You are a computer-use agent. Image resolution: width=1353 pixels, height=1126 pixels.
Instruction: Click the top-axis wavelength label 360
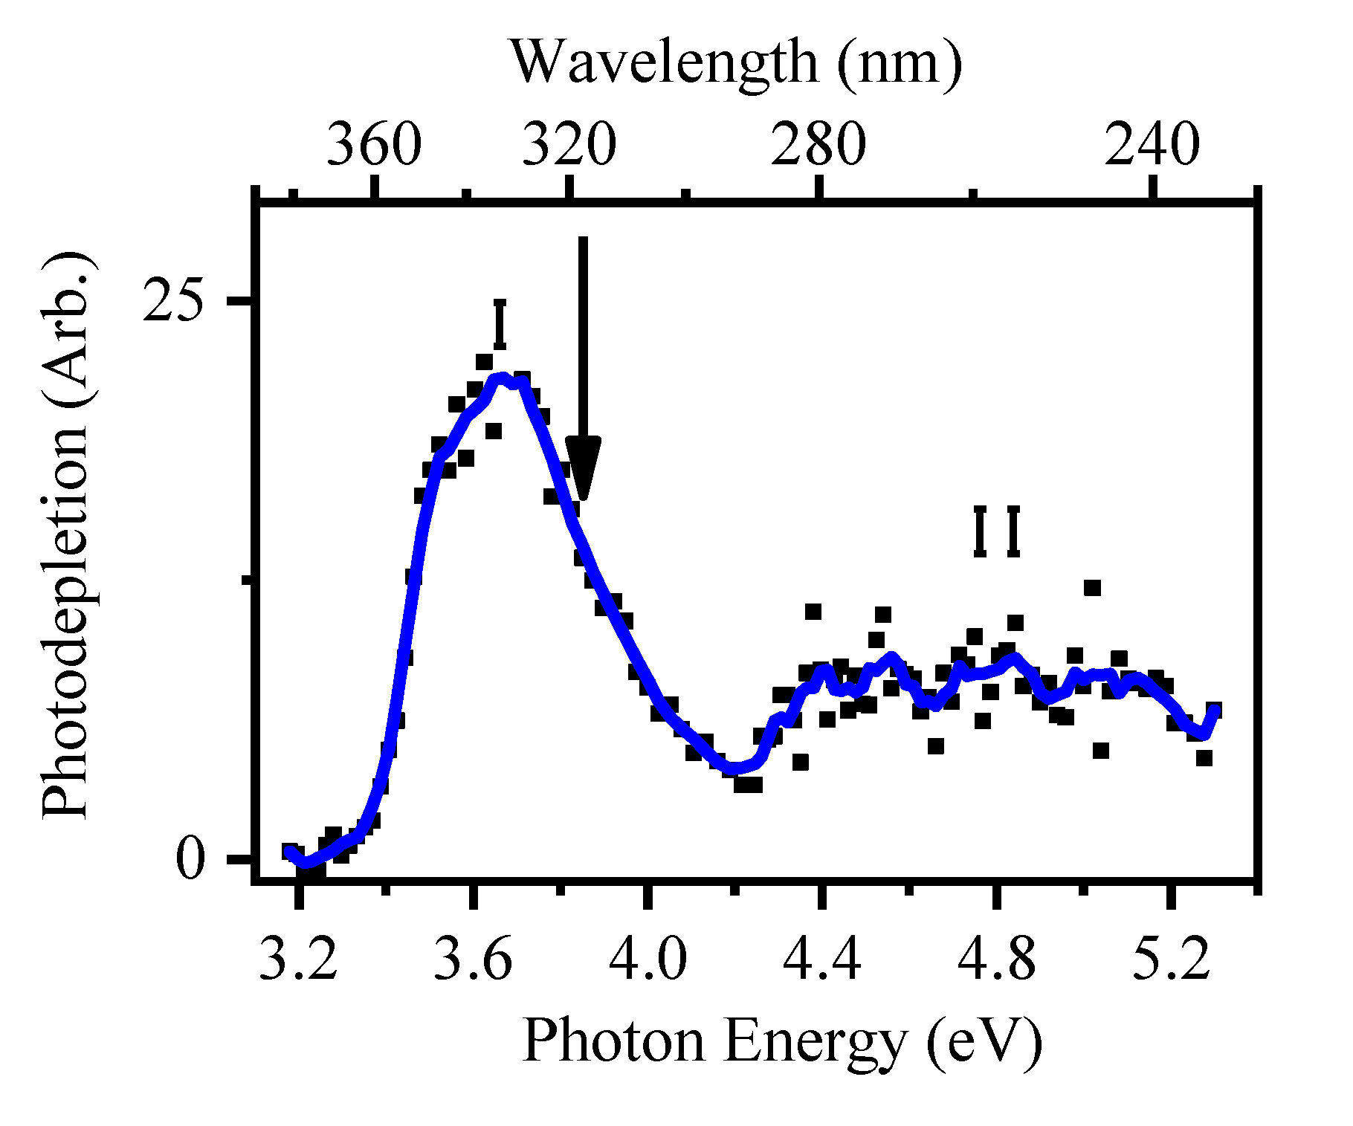375,146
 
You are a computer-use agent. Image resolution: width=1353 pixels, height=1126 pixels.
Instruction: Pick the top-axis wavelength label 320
569,146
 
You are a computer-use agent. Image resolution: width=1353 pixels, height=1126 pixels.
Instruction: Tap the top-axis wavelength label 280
818,146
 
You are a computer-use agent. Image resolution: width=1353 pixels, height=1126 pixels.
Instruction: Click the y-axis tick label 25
173,302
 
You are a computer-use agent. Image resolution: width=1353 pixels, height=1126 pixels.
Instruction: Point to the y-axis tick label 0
190,861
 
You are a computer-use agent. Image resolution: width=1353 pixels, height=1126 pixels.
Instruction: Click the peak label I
500,325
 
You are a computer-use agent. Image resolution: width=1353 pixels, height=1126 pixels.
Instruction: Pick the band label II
997,531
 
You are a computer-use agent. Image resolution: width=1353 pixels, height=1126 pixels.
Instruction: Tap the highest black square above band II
1091,588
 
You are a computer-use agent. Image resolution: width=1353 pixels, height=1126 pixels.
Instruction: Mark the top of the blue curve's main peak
503,378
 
